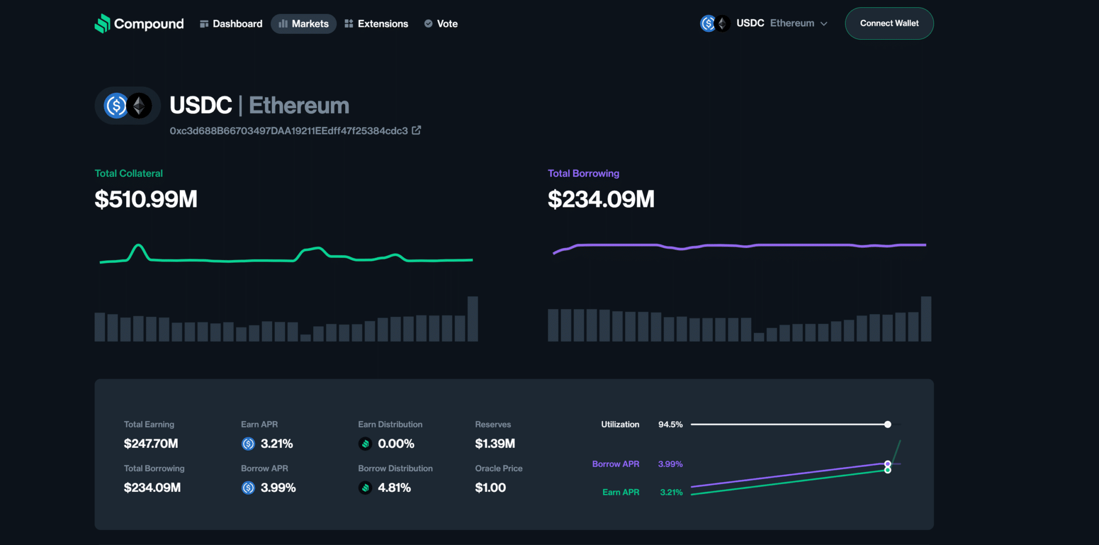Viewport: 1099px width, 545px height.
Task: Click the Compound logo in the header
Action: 139,24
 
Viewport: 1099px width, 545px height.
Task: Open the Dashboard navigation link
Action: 231,24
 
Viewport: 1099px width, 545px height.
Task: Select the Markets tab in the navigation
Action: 304,24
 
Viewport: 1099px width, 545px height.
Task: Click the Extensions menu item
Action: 376,24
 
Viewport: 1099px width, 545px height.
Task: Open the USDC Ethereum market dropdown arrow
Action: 824,24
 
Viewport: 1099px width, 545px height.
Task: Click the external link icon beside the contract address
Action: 416,130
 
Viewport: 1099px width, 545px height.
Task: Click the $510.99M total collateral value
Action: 146,200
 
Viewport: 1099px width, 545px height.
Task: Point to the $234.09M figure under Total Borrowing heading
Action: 600,200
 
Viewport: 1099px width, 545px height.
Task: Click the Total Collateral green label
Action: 128,173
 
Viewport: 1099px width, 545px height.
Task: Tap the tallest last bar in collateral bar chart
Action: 473,319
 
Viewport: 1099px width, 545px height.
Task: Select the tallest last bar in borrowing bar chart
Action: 926,319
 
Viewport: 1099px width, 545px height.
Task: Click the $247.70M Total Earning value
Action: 151,444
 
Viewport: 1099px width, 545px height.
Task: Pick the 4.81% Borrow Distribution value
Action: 394,488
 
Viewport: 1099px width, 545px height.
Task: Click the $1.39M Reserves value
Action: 495,444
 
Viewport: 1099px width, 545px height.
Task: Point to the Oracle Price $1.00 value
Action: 490,488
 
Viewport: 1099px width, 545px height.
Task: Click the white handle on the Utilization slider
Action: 888,424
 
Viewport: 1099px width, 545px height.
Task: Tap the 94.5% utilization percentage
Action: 670,424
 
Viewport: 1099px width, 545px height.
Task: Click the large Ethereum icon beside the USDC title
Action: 140,106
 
